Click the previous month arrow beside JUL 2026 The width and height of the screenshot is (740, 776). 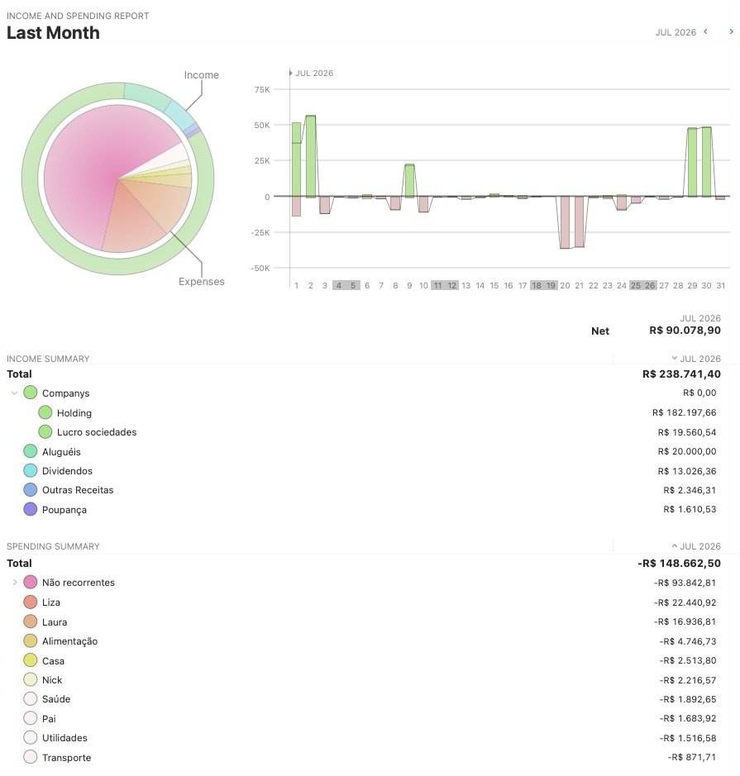pyautogui.click(x=706, y=31)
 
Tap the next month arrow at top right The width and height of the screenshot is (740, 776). pyautogui.click(x=731, y=31)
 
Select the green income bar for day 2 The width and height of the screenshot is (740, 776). pyautogui.click(x=310, y=156)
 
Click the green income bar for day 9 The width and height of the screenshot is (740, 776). pyautogui.click(x=409, y=181)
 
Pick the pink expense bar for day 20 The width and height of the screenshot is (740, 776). pyautogui.click(x=565, y=222)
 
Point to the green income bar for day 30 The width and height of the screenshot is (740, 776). pyautogui.click(x=706, y=162)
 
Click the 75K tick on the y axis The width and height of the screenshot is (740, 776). pyautogui.click(x=262, y=89)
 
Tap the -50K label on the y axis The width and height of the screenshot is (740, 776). pyautogui.click(x=260, y=269)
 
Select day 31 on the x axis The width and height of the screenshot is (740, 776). pyautogui.click(x=721, y=286)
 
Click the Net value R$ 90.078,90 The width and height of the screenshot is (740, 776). pyautogui.click(x=685, y=330)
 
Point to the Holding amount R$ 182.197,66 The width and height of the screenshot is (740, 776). pyautogui.click(x=684, y=412)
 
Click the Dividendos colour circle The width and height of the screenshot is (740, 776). pyautogui.click(x=31, y=471)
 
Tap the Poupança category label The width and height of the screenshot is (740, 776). pyautogui.click(x=64, y=510)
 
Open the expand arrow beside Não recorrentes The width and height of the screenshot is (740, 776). pyautogui.click(x=15, y=583)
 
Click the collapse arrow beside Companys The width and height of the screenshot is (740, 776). pyautogui.click(x=14, y=393)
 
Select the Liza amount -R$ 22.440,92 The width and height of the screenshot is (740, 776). pyautogui.click(x=685, y=602)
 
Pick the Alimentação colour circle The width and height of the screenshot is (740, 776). pyautogui.click(x=31, y=641)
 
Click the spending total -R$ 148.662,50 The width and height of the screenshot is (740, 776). pyautogui.click(x=679, y=563)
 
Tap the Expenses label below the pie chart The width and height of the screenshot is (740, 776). pyautogui.click(x=202, y=282)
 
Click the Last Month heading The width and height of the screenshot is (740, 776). pyautogui.click(x=53, y=33)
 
